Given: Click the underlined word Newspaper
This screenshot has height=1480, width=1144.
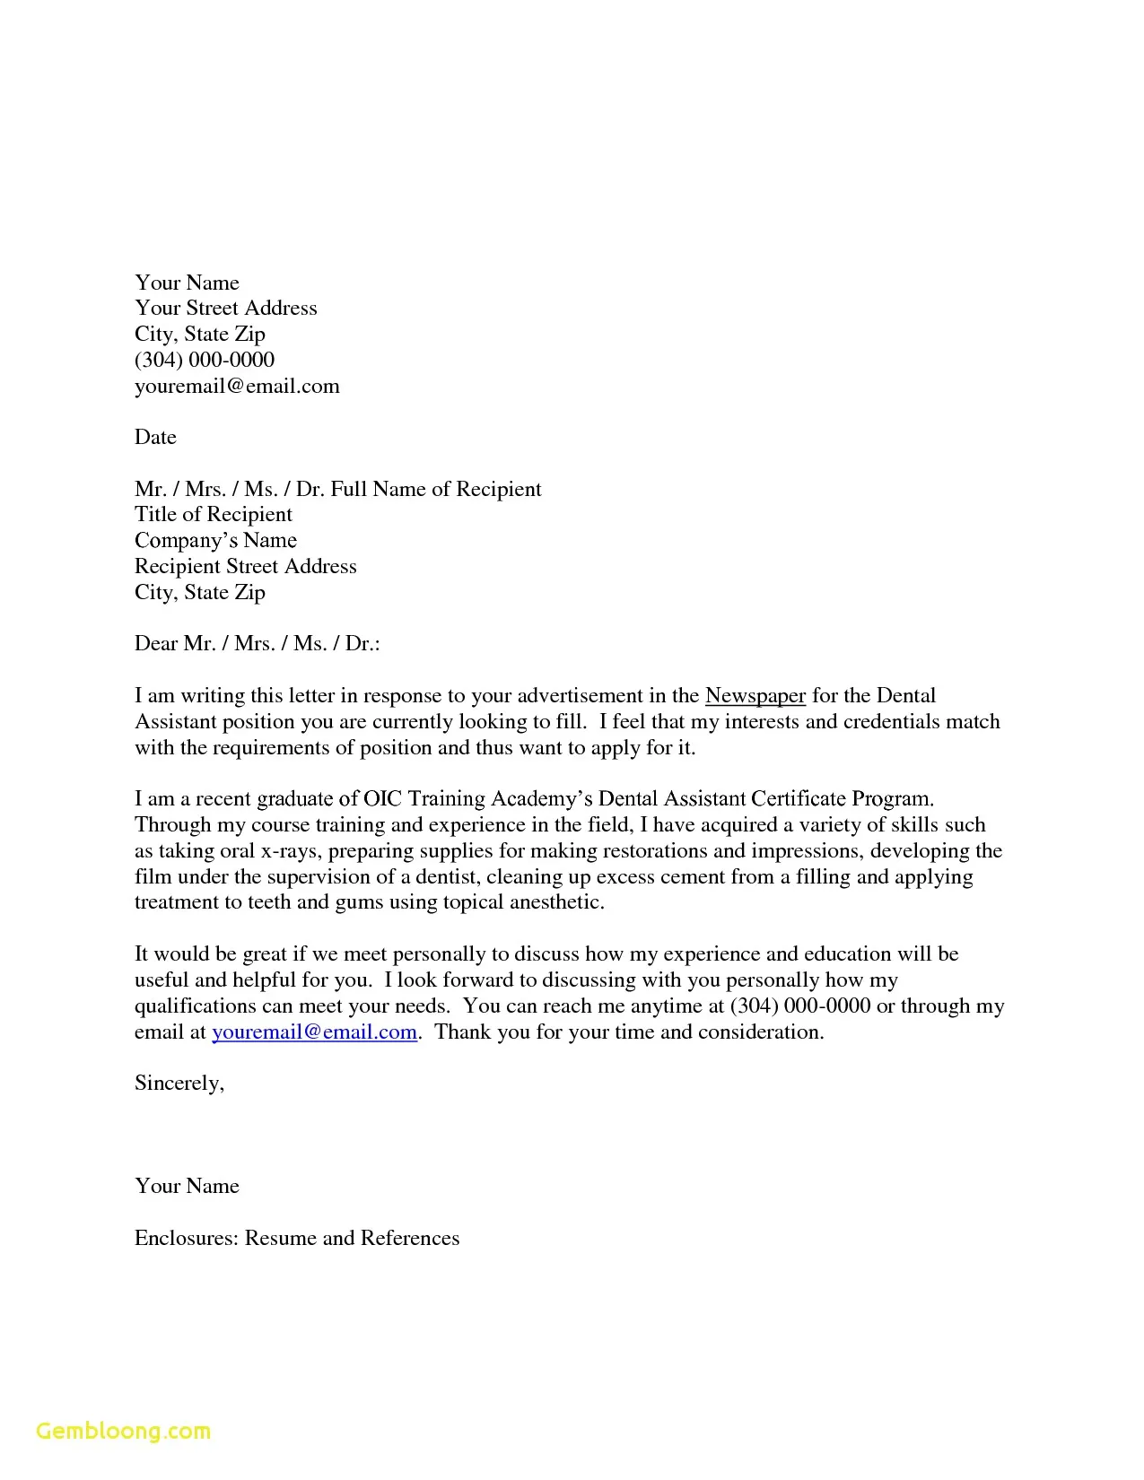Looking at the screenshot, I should click(755, 696).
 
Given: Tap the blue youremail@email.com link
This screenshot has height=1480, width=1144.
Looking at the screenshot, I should click(314, 1032).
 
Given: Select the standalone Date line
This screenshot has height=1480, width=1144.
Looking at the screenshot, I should click(155, 437).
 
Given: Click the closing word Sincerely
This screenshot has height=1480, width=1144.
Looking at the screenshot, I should click(178, 1084).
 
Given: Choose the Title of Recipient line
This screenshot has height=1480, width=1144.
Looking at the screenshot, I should click(214, 514).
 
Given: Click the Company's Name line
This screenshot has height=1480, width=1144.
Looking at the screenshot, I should click(215, 540).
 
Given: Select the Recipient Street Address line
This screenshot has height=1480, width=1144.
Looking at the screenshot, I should click(246, 566).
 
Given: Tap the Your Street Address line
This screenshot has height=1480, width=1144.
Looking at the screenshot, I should click(225, 308).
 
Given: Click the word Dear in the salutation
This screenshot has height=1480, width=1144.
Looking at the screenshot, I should click(156, 644).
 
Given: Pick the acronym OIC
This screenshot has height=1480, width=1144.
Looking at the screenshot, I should click(383, 798).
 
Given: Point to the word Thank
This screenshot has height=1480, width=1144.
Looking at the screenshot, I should click(463, 1032).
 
